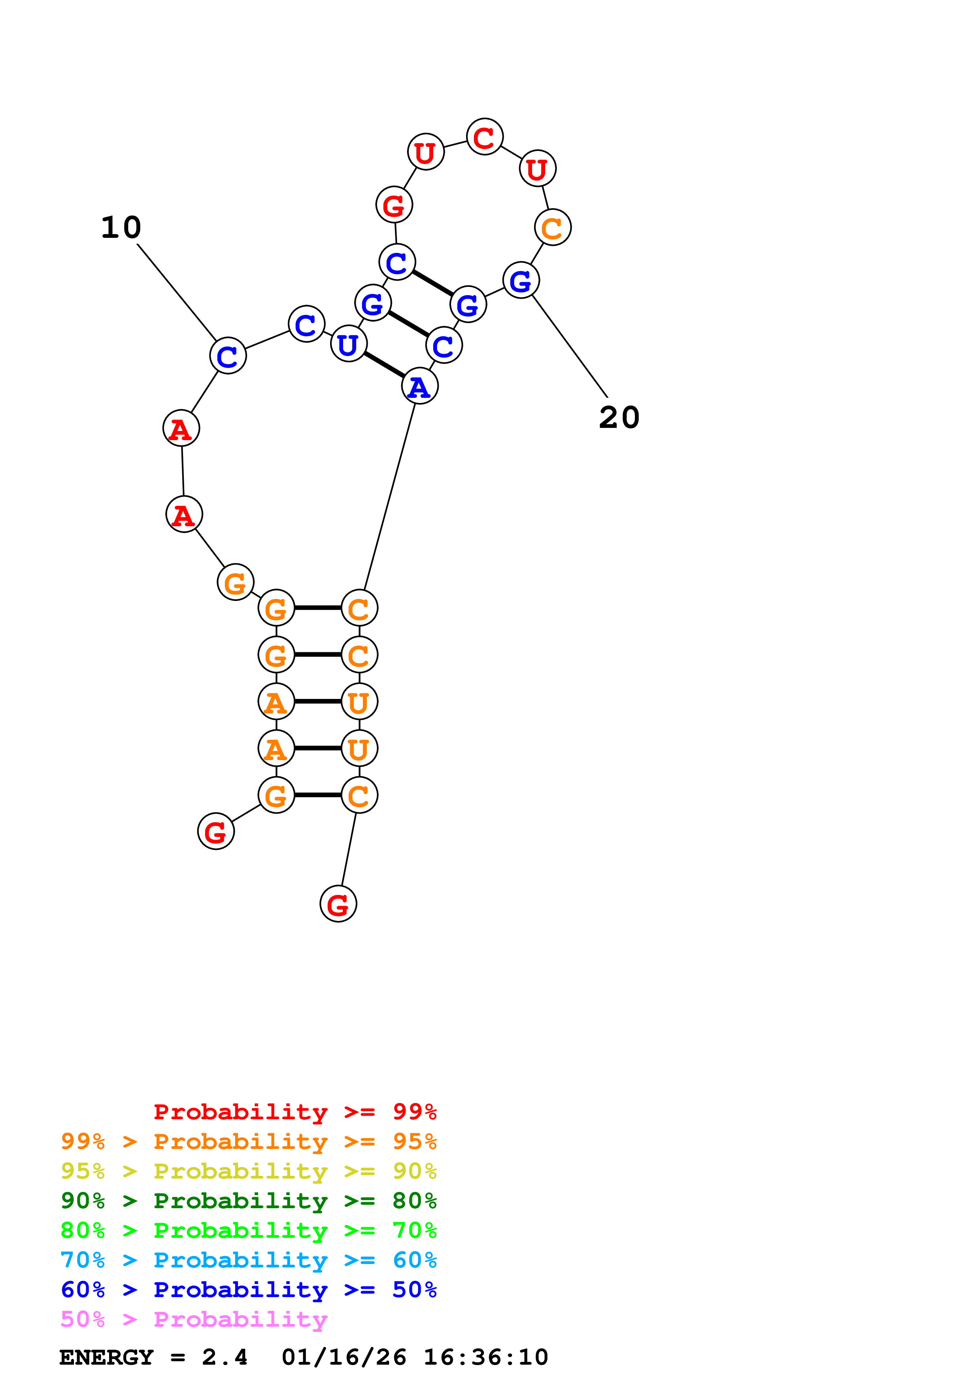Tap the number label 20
[619, 417]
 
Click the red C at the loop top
[484, 137]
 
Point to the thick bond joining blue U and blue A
[384, 365]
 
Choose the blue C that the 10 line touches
[228, 356]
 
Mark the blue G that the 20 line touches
[521, 280]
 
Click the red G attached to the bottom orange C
[338, 904]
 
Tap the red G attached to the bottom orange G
[215, 831]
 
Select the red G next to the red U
[394, 205]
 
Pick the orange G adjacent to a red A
[235, 582]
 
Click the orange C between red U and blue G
[553, 228]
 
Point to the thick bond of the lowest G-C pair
[317, 795]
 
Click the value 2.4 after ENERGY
[225, 1357]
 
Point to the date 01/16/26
[344, 1357]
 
